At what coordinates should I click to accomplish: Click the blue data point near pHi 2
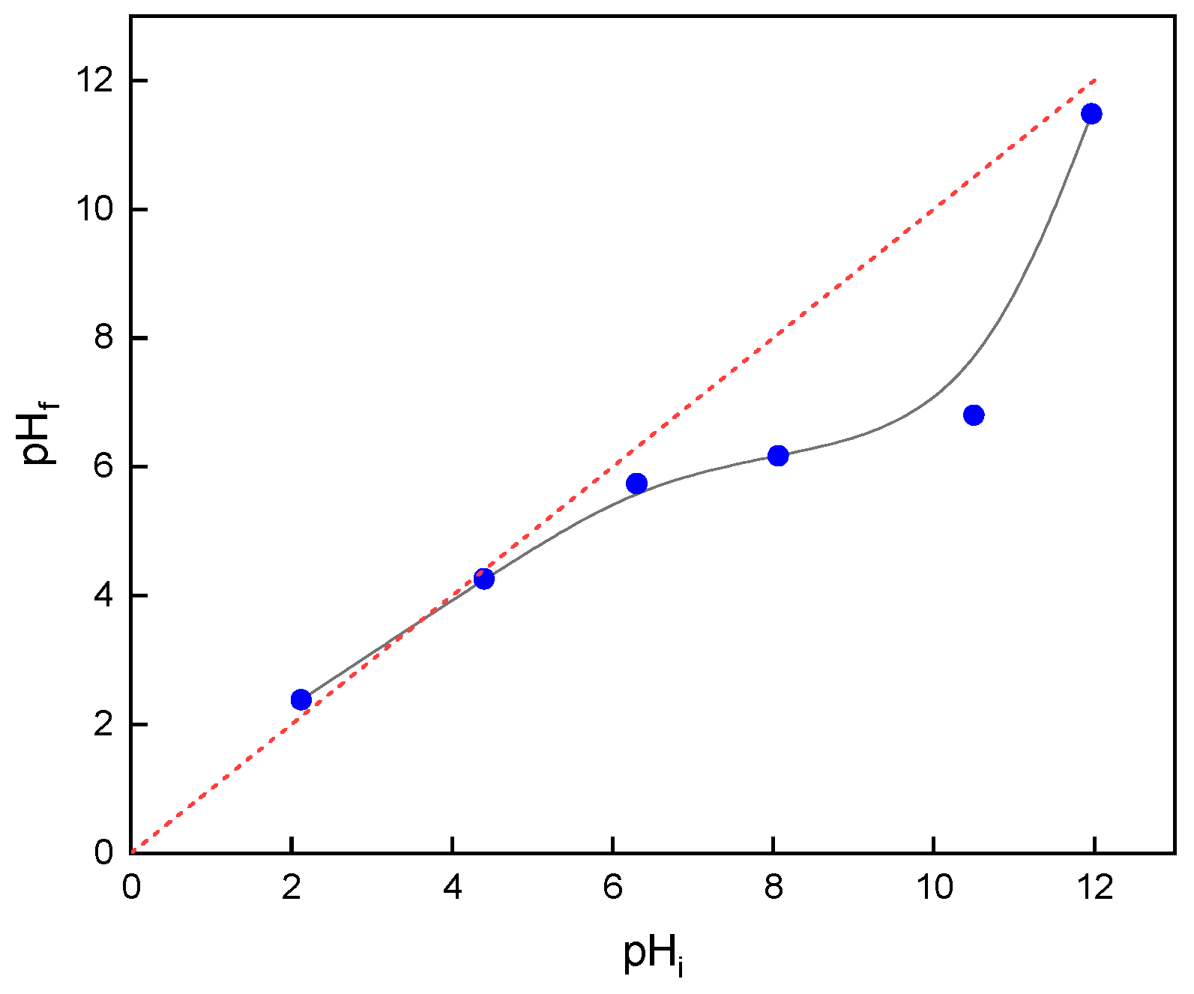[301, 699]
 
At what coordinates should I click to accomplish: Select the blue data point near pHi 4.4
[483, 579]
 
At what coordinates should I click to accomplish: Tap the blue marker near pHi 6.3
[636, 484]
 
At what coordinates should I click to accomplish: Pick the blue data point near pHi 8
[778, 456]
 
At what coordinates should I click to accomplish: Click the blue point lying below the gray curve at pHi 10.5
[974, 415]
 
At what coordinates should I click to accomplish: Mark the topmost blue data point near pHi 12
[1091, 114]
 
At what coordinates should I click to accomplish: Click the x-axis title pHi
[653, 954]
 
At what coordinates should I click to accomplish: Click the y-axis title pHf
[40, 433]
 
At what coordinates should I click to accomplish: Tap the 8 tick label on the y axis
[104, 337]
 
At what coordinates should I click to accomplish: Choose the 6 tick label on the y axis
[104, 467]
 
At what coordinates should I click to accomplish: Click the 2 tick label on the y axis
[104, 725]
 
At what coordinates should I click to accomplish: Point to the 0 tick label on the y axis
[104, 853]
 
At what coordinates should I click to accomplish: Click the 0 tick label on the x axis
[131, 888]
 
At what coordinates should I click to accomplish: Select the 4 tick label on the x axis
[452, 888]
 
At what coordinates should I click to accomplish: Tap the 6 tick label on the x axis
[613, 888]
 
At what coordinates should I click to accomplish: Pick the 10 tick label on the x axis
[934, 888]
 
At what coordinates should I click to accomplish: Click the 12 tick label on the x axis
[1094, 888]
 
